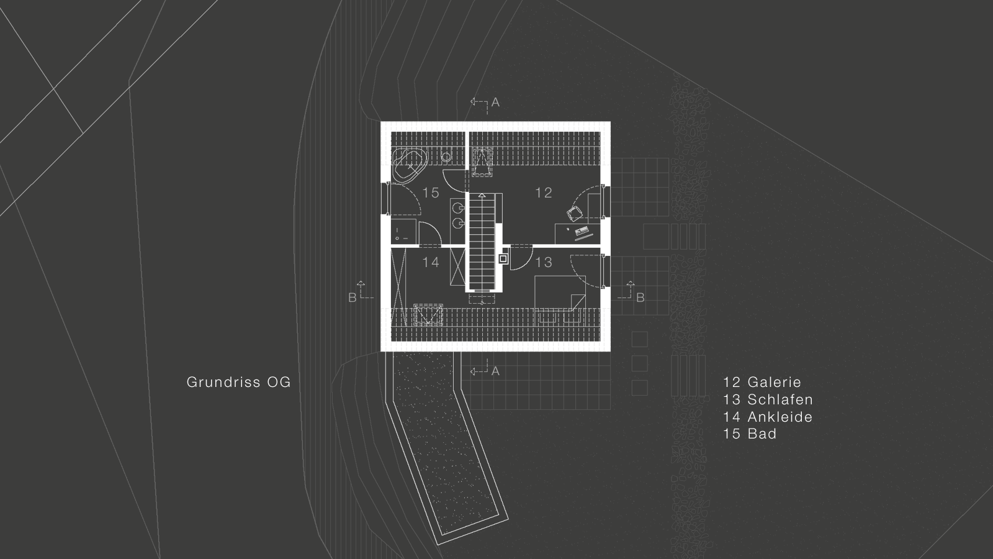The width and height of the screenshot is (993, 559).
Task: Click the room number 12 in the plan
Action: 543,193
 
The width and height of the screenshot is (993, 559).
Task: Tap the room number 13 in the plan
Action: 543,262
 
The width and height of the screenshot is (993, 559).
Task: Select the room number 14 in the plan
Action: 431,262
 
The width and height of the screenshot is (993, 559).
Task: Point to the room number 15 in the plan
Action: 431,193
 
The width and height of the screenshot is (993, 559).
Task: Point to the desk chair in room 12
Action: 574,214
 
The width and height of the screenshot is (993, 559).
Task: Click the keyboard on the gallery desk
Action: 583,233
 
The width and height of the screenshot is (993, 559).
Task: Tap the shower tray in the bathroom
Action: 403,230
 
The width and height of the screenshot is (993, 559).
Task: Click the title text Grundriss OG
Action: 238,383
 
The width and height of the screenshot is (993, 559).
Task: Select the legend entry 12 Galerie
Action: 762,383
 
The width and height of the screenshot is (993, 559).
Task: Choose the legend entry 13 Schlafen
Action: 768,400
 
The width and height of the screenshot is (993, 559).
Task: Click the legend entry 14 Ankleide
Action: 768,417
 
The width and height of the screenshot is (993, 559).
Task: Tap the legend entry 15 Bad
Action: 750,434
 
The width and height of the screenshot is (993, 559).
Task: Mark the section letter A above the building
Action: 495,102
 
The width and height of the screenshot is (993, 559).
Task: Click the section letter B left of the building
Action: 352,298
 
